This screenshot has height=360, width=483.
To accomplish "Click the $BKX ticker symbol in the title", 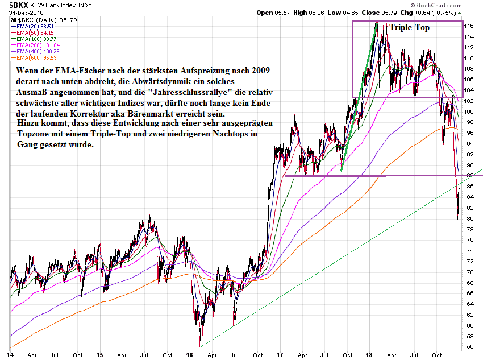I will coord(11,5).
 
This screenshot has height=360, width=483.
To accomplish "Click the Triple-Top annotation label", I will coord(410,27).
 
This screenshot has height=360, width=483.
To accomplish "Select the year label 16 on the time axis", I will coord(190,355).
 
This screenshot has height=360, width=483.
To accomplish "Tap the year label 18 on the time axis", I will coord(368,355).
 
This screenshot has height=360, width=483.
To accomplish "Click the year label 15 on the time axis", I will coord(99,355).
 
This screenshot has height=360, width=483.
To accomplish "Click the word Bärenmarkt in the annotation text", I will coord(164,114).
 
